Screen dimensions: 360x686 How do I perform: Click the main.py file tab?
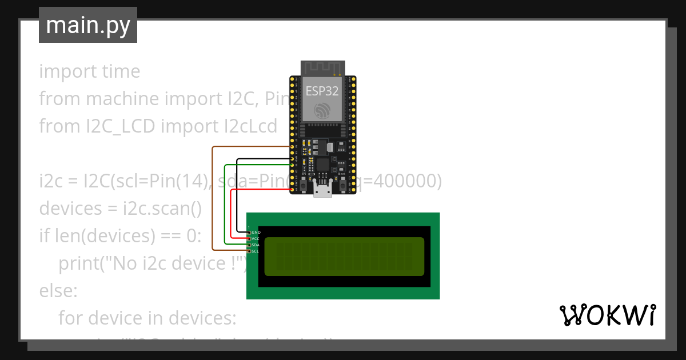click(x=87, y=25)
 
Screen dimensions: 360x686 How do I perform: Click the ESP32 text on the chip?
click(x=322, y=90)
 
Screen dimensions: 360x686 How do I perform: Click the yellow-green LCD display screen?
click(x=344, y=257)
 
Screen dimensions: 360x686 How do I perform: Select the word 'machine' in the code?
click(x=122, y=99)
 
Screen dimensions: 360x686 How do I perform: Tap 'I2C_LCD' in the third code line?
click(x=117, y=126)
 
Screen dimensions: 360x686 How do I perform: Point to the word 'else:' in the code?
click(x=58, y=290)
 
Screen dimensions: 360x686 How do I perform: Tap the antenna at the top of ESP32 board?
click(x=322, y=68)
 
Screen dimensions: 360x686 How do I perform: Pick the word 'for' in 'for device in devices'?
click(x=72, y=317)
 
